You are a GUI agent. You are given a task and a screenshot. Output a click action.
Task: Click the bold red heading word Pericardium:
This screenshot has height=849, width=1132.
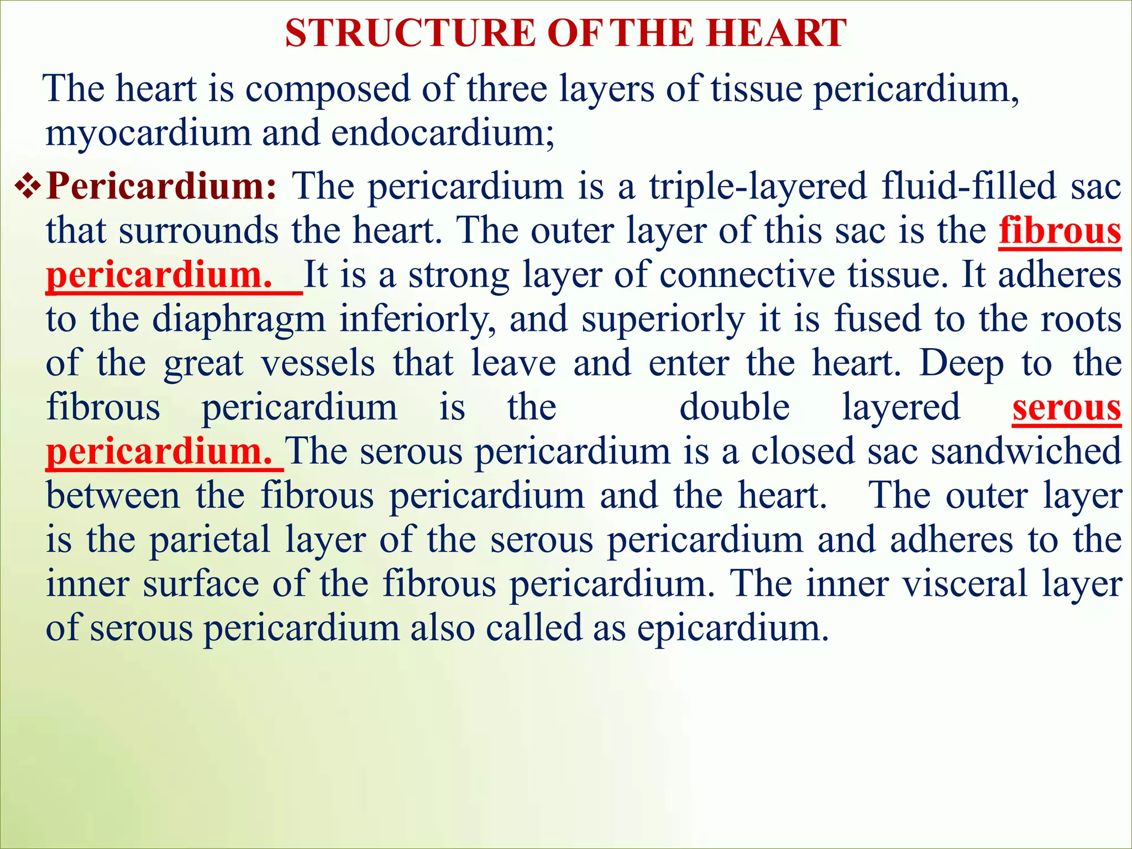(161, 187)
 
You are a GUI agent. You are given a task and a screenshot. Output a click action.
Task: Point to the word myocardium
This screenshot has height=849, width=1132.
(148, 134)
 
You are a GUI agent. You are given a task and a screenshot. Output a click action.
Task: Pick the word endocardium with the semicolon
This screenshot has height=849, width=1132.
(443, 134)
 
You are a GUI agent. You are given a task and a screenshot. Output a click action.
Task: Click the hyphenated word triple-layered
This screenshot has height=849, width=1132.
(758, 187)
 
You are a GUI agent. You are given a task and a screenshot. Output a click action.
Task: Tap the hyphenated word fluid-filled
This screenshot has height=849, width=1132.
(969, 187)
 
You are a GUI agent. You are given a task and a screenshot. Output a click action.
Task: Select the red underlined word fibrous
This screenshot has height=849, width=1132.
(1060, 231)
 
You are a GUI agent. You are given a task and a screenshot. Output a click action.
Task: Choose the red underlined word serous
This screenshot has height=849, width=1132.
(1066, 408)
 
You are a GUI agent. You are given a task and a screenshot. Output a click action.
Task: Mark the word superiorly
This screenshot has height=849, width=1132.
(663, 319)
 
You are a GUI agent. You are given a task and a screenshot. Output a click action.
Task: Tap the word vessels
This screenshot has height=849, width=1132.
(317, 364)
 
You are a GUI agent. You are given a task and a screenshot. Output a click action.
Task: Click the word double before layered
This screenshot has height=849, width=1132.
(734, 408)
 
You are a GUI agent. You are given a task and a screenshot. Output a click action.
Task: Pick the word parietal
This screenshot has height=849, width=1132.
(210, 541)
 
